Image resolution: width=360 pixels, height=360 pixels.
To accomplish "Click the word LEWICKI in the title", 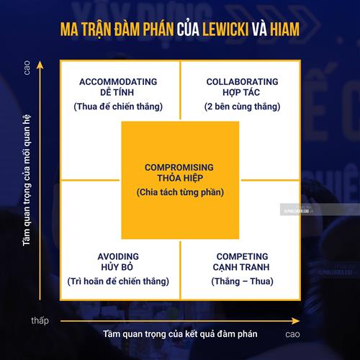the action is tap(225, 30).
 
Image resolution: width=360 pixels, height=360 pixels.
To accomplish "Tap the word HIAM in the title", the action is tap(284, 30).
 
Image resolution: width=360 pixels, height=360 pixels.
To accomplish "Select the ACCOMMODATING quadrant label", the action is tap(118, 82).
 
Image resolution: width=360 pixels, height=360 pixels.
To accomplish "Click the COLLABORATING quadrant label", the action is tap(242, 82).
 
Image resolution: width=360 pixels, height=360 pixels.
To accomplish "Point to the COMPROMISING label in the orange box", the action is tap(179, 168).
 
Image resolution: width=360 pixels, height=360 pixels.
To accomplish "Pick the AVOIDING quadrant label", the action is tap(118, 256).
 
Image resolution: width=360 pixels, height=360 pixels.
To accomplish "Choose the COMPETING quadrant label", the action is tap(242, 256).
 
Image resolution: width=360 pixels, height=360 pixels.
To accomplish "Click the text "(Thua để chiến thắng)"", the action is tap(118, 107).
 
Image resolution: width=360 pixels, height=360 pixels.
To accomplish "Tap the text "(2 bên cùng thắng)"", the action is tap(242, 107).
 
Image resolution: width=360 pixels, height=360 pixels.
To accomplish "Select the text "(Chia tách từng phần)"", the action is tap(180, 192).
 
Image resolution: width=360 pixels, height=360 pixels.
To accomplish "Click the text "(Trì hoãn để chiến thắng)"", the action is tap(118, 282).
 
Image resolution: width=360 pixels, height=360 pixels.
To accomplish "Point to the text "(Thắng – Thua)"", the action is tap(242, 282).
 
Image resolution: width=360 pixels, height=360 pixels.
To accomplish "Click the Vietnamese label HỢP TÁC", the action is tap(241, 93).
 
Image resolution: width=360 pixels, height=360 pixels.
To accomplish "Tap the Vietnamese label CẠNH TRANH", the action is tap(241, 267).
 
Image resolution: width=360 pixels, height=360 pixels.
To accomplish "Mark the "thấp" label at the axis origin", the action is tap(40, 320).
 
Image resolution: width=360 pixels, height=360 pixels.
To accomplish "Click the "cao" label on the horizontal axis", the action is tap(292, 334).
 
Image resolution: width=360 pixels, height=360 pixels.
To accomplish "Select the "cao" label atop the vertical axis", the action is tap(27, 68).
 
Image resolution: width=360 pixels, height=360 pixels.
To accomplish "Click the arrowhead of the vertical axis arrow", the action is tap(40, 65).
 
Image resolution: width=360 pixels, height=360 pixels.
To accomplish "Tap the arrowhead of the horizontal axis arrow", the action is tap(296, 321).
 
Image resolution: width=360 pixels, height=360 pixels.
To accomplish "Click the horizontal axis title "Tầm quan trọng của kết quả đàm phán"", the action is tap(180, 334).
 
